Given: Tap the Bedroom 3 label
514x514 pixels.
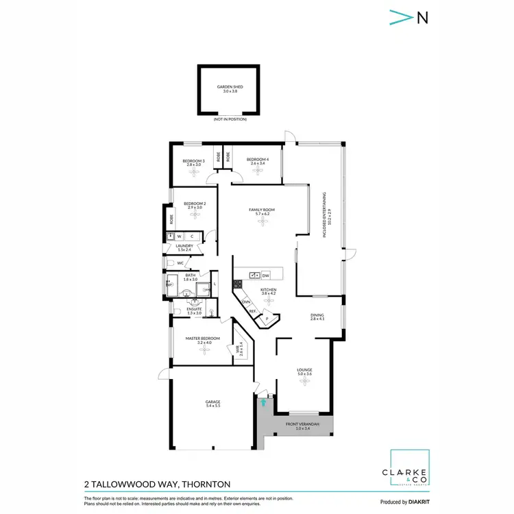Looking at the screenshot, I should pyautogui.click(x=193, y=162).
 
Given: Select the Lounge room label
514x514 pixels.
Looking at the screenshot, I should pyautogui.click(x=304, y=371).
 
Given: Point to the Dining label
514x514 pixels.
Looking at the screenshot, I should pyautogui.click(x=316, y=316).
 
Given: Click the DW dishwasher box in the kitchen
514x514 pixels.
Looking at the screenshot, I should pyautogui.click(x=265, y=276).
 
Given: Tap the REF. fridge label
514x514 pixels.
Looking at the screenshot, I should pyautogui.click(x=253, y=310).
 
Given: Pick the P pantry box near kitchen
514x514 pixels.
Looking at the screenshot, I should pyautogui.click(x=267, y=318).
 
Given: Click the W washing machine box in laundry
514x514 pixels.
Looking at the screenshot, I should pyautogui.click(x=180, y=236).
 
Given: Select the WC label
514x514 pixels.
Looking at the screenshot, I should pyautogui.click(x=180, y=263).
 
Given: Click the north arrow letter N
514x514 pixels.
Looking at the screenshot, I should pyautogui.click(x=423, y=19).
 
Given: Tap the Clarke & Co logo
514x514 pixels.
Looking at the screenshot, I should pyautogui.click(x=409, y=469).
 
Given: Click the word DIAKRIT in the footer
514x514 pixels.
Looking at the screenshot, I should pyautogui.click(x=415, y=502).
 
